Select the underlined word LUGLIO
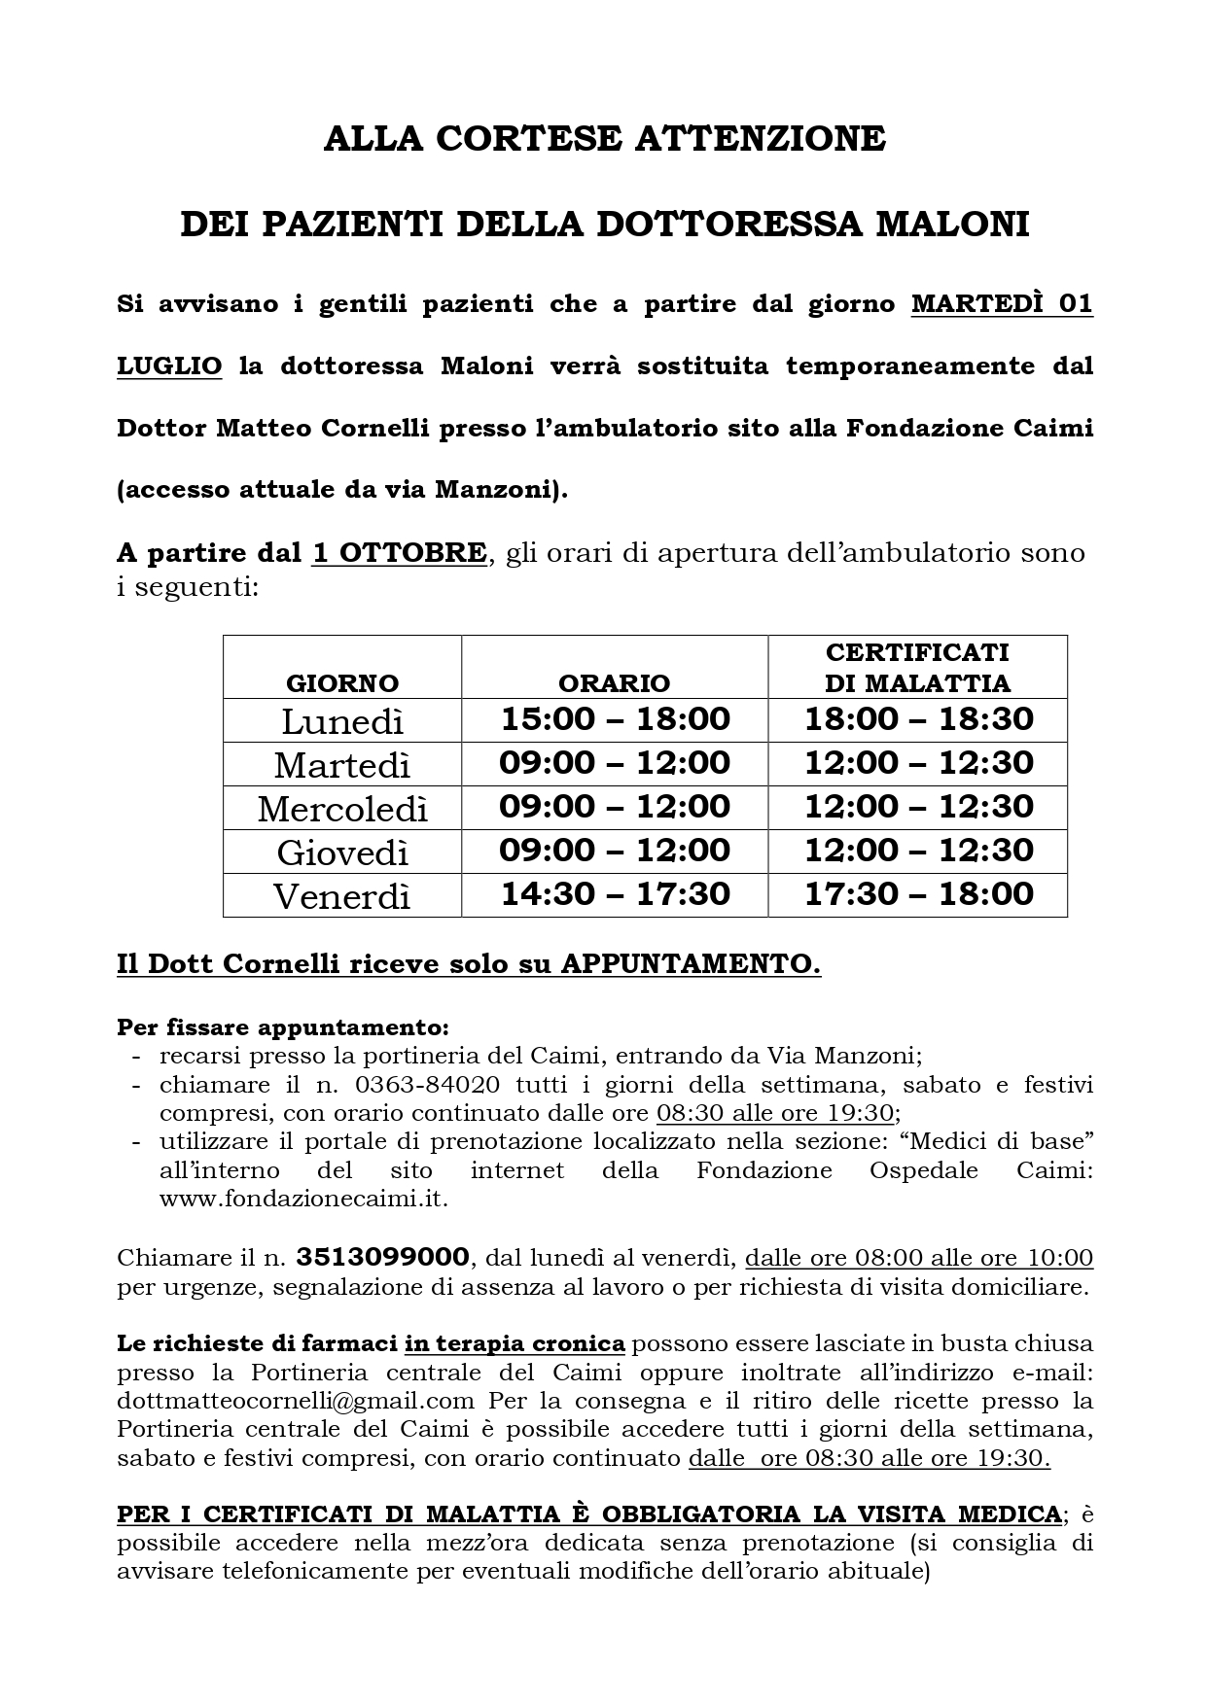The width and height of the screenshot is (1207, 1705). [x=169, y=366]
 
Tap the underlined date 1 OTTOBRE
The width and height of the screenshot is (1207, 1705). [x=399, y=553]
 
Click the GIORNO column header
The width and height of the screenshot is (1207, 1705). [x=342, y=682]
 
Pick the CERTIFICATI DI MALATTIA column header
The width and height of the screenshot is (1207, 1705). [x=917, y=667]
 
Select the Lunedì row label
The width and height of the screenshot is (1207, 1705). [x=342, y=721]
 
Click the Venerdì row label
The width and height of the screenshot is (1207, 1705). [x=342, y=895]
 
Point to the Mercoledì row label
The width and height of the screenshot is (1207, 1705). [x=342, y=809]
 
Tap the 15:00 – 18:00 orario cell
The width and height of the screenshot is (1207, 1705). [x=615, y=719]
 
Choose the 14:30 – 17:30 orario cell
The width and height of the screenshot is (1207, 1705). [x=615, y=894]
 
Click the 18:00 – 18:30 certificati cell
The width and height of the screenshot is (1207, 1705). [x=918, y=719]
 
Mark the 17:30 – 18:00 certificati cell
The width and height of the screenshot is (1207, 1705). [x=918, y=894]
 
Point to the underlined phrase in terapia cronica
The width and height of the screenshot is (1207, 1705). [x=515, y=1343]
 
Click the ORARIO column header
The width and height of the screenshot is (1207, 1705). [x=615, y=682]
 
